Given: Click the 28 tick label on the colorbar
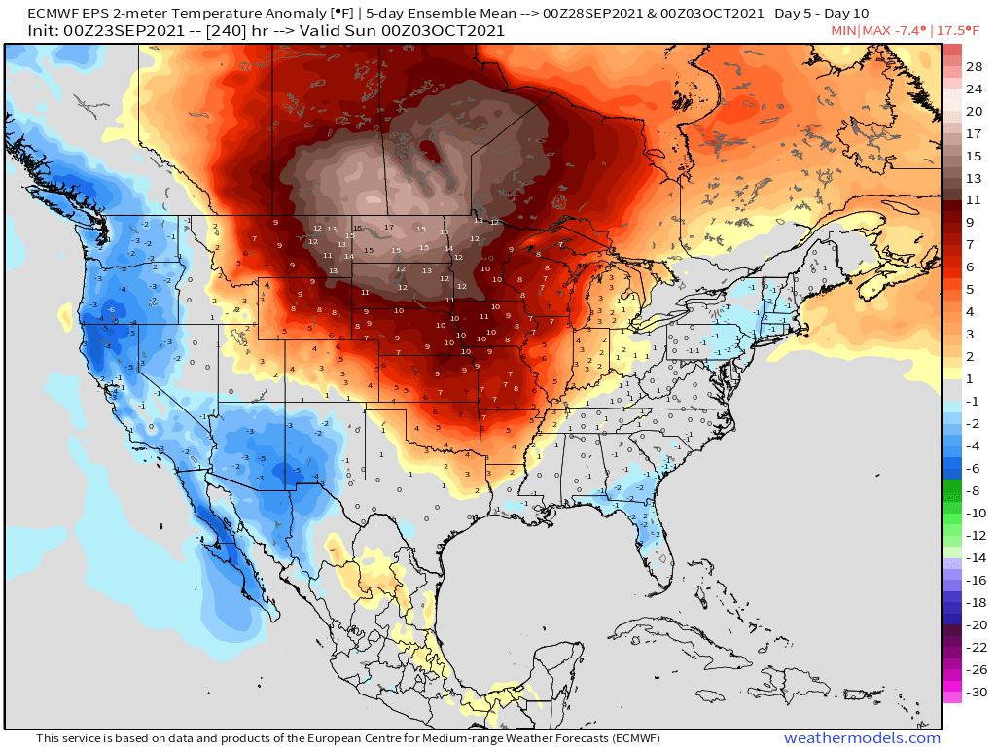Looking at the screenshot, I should [975, 66].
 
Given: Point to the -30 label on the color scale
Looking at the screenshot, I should [975, 692].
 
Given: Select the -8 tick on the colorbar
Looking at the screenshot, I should [974, 490].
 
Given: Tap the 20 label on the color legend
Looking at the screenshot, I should [975, 111].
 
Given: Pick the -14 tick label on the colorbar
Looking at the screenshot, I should [975, 557].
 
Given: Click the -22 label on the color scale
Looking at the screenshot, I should [975, 647].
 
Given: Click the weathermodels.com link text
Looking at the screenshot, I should [862, 738].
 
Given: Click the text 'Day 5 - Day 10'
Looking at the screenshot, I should [821, 13].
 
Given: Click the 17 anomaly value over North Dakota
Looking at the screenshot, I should [388, 228].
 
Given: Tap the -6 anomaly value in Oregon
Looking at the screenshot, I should [112, 310].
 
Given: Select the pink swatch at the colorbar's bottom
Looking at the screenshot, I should [951, 694].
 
